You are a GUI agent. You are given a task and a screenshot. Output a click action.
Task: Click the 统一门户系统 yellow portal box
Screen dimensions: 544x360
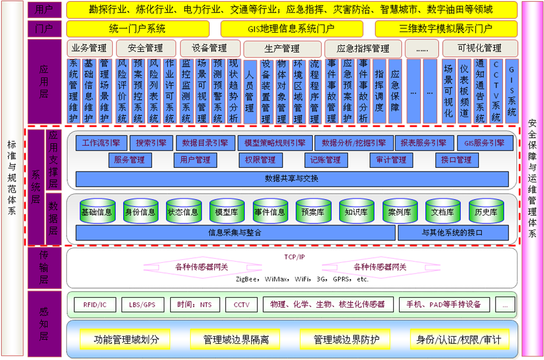(138, 29)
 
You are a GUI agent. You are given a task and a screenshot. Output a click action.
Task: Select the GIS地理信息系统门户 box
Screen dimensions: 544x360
(292, 29)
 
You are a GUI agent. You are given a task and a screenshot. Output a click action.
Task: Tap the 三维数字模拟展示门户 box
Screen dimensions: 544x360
(446, 29)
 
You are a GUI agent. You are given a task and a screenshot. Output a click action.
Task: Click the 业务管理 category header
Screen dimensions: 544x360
(89, 48)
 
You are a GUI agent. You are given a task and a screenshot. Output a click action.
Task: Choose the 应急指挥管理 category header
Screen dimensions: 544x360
(363, 48)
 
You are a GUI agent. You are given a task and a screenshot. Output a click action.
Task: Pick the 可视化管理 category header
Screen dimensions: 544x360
(480, 48)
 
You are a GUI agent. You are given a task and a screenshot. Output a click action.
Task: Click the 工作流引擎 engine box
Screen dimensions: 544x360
(101, 143)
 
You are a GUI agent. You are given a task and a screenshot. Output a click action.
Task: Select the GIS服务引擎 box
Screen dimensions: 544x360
(485, 143)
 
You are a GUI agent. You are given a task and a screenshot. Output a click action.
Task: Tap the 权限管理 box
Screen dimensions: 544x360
(261, 160)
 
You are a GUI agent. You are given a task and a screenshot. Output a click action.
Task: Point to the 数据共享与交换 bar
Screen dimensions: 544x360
(292, 179)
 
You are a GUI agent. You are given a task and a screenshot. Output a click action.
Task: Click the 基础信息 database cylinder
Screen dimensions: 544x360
(97, 211)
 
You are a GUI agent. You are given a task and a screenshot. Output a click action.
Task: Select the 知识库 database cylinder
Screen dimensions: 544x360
(357, 211)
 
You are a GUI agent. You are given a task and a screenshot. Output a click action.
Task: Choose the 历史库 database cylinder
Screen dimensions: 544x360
(486, 211)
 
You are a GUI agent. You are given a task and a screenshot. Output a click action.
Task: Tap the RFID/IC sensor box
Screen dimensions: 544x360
(95, 305)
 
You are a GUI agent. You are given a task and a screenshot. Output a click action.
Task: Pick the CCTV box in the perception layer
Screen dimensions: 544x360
(242, 305)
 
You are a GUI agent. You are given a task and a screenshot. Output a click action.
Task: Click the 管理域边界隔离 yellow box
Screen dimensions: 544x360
(235, 339)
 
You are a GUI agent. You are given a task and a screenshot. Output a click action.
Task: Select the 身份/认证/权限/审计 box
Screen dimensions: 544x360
(459, 339)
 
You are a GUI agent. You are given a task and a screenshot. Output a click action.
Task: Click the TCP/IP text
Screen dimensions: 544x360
(295, 257)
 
